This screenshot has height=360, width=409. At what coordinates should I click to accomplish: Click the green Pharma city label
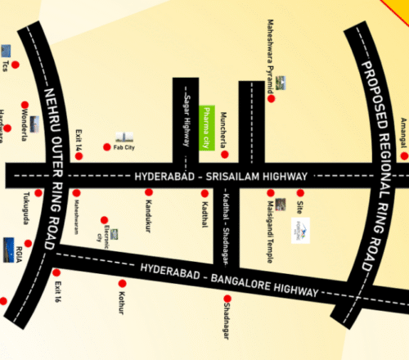[x=206, y=128]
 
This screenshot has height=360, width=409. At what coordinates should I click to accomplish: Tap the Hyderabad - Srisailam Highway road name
[x=222, y=177]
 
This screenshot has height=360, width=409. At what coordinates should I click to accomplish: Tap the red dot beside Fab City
[x=106, y=146]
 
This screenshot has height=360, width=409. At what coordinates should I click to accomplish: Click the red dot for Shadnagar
[x=226, y=299]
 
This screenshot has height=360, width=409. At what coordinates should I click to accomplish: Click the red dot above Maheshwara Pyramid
[x=271, y=98]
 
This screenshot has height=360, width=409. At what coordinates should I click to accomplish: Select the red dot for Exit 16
[x=56, y=273]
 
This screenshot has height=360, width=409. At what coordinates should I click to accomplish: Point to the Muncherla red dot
[x=225, y=154]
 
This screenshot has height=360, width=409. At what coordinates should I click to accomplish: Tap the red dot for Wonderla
[x=25, y=105]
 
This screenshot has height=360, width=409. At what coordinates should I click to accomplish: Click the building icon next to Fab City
[x=124, y=136]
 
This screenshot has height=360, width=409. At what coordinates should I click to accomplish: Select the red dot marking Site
[x=300, y=193]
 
